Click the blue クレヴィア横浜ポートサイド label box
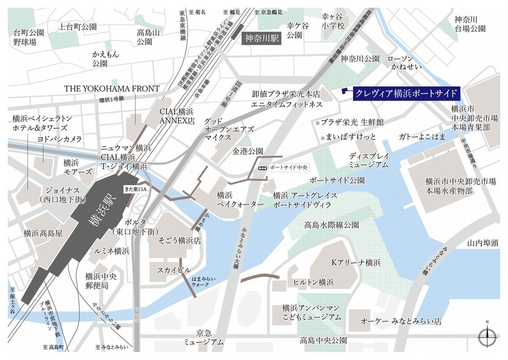[406, 94]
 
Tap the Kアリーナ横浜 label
[356, 262]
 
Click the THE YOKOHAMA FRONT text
[111, 89]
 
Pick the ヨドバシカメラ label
[60, 139]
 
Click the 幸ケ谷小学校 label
[333, 21]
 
